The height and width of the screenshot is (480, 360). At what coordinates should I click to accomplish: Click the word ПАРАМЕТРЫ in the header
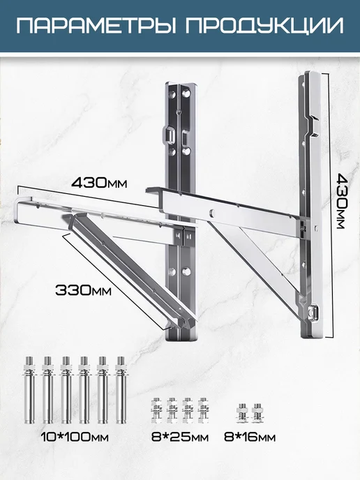coord(96,26)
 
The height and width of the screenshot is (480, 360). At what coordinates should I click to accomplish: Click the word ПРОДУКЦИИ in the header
coord(264,27)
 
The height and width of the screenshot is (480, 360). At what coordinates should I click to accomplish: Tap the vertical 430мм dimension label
coord(340,201)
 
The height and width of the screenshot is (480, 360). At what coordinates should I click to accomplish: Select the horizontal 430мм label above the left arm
coord(99,183)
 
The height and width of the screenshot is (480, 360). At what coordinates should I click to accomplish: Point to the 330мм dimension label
coord(83,290)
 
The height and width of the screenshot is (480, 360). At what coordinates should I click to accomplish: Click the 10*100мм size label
coord(75,437)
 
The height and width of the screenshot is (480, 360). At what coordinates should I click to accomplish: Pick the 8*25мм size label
coord(180,437)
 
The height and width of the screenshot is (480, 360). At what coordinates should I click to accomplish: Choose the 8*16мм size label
coord(250,437)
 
